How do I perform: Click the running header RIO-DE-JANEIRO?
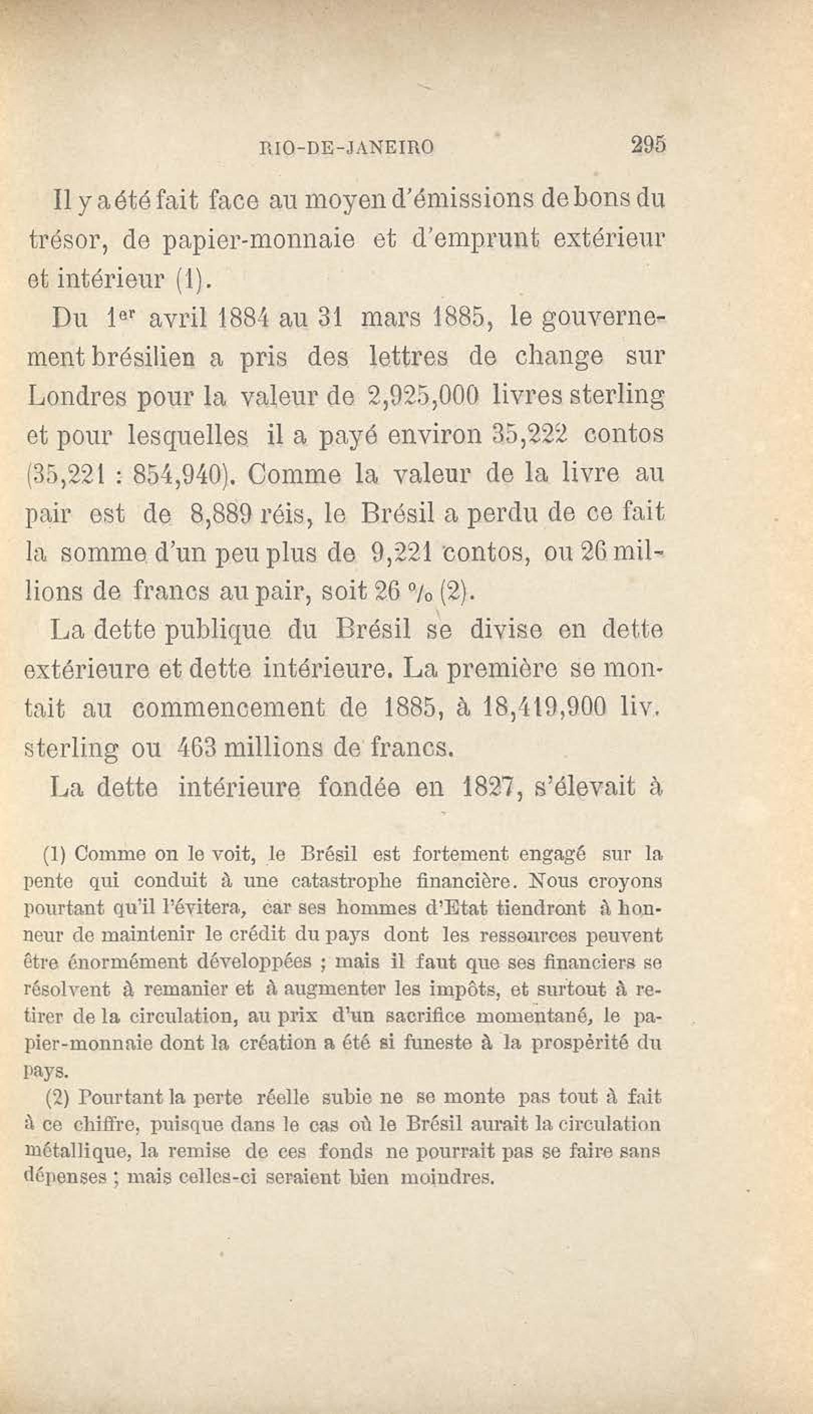coord(347,148)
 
